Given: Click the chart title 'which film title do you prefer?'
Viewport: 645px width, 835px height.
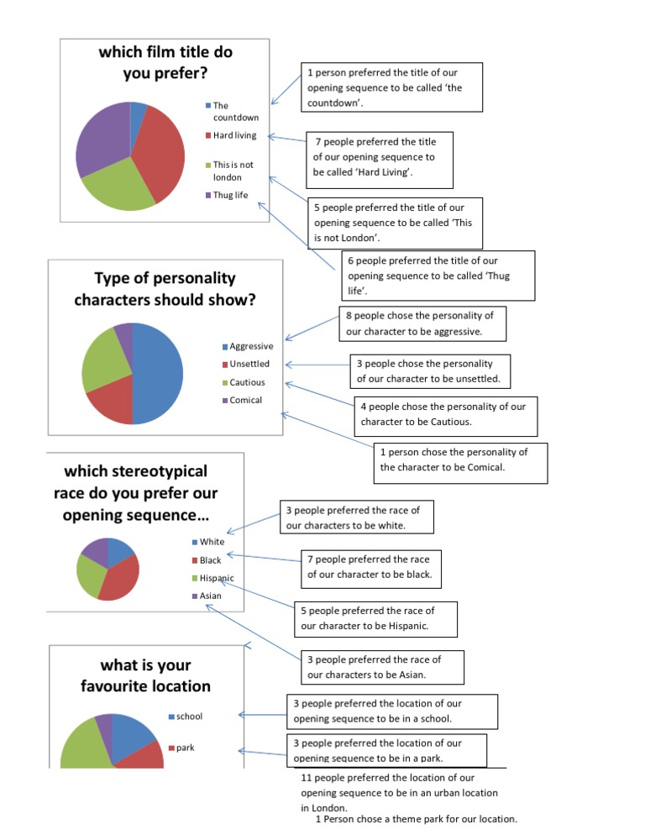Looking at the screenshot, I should click(165, 62).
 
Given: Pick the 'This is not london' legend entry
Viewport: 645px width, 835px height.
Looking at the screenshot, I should click(232, 171).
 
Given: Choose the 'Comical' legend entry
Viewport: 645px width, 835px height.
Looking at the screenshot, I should click(244, 400).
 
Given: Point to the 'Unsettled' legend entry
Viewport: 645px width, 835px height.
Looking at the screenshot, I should click(249, 364).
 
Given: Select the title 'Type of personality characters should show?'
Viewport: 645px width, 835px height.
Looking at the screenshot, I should click(165, 289).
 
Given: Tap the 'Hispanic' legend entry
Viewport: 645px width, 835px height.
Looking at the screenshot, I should click(215, 578).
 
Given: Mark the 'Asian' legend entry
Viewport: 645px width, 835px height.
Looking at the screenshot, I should click(209, 596).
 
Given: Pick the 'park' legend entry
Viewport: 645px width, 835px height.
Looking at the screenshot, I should click(186, 747).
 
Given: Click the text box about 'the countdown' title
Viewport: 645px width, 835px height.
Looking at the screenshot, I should click(391, 87).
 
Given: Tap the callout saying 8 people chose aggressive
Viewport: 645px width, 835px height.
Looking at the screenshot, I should click(426, 323).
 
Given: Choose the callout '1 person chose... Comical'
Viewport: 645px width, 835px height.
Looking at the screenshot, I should click(460, 460).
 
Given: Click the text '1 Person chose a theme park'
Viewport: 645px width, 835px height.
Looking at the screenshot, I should click(416, 819).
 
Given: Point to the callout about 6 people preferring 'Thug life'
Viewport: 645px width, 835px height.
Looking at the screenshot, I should click(438, 276).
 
